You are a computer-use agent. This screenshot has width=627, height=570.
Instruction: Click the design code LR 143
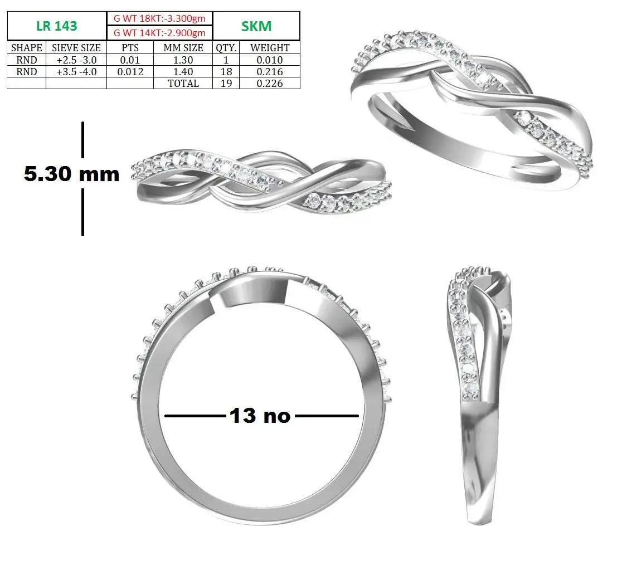56,26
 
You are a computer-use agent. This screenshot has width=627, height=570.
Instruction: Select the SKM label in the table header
256,26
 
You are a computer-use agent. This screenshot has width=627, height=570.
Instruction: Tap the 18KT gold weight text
159,18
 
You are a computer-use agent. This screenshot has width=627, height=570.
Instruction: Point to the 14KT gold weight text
159,33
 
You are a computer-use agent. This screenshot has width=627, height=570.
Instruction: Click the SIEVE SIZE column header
76,47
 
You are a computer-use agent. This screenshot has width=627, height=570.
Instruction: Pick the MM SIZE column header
183,47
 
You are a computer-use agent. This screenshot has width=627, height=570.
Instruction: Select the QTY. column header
226,47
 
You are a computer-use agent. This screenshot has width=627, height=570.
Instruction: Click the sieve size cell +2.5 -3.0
76,60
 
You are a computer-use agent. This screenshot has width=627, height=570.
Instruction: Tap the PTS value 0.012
130,71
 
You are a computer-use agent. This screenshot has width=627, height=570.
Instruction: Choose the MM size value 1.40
183,71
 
